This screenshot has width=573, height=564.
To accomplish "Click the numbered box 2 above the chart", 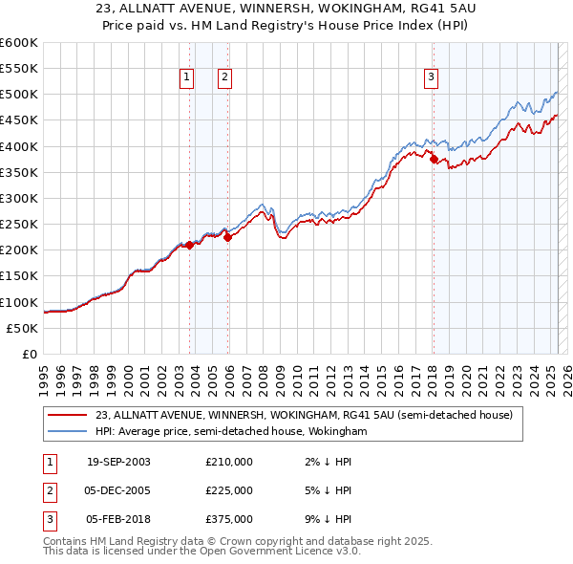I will tap(224, 78).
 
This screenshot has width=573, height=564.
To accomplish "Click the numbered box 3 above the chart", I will tap(431, 78).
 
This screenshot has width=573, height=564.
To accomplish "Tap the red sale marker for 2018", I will tap(433, 160).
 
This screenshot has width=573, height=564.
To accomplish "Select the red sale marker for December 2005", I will tap(227, 237).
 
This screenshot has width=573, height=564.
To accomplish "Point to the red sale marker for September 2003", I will tap(189, 245).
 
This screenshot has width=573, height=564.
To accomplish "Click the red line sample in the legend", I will tap(69, 415).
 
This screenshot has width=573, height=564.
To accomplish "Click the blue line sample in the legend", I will tap(69, 432).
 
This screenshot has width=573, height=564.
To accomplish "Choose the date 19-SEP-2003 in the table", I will tap(118, 462).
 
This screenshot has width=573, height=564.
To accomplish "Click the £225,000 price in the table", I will tap(228, 490).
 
